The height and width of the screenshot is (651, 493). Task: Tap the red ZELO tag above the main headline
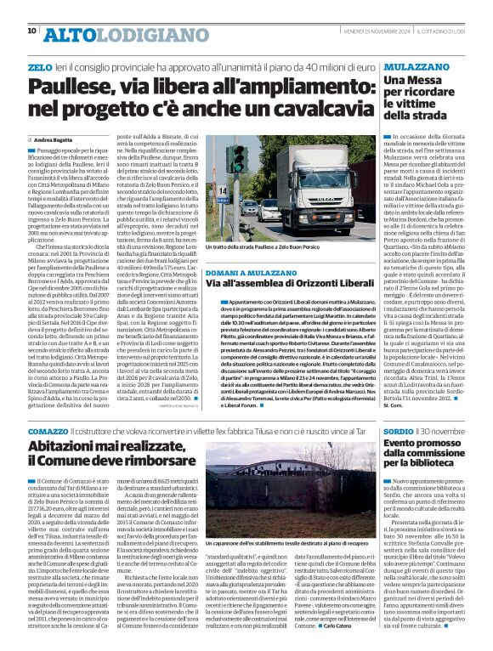(x=40, y=65)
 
